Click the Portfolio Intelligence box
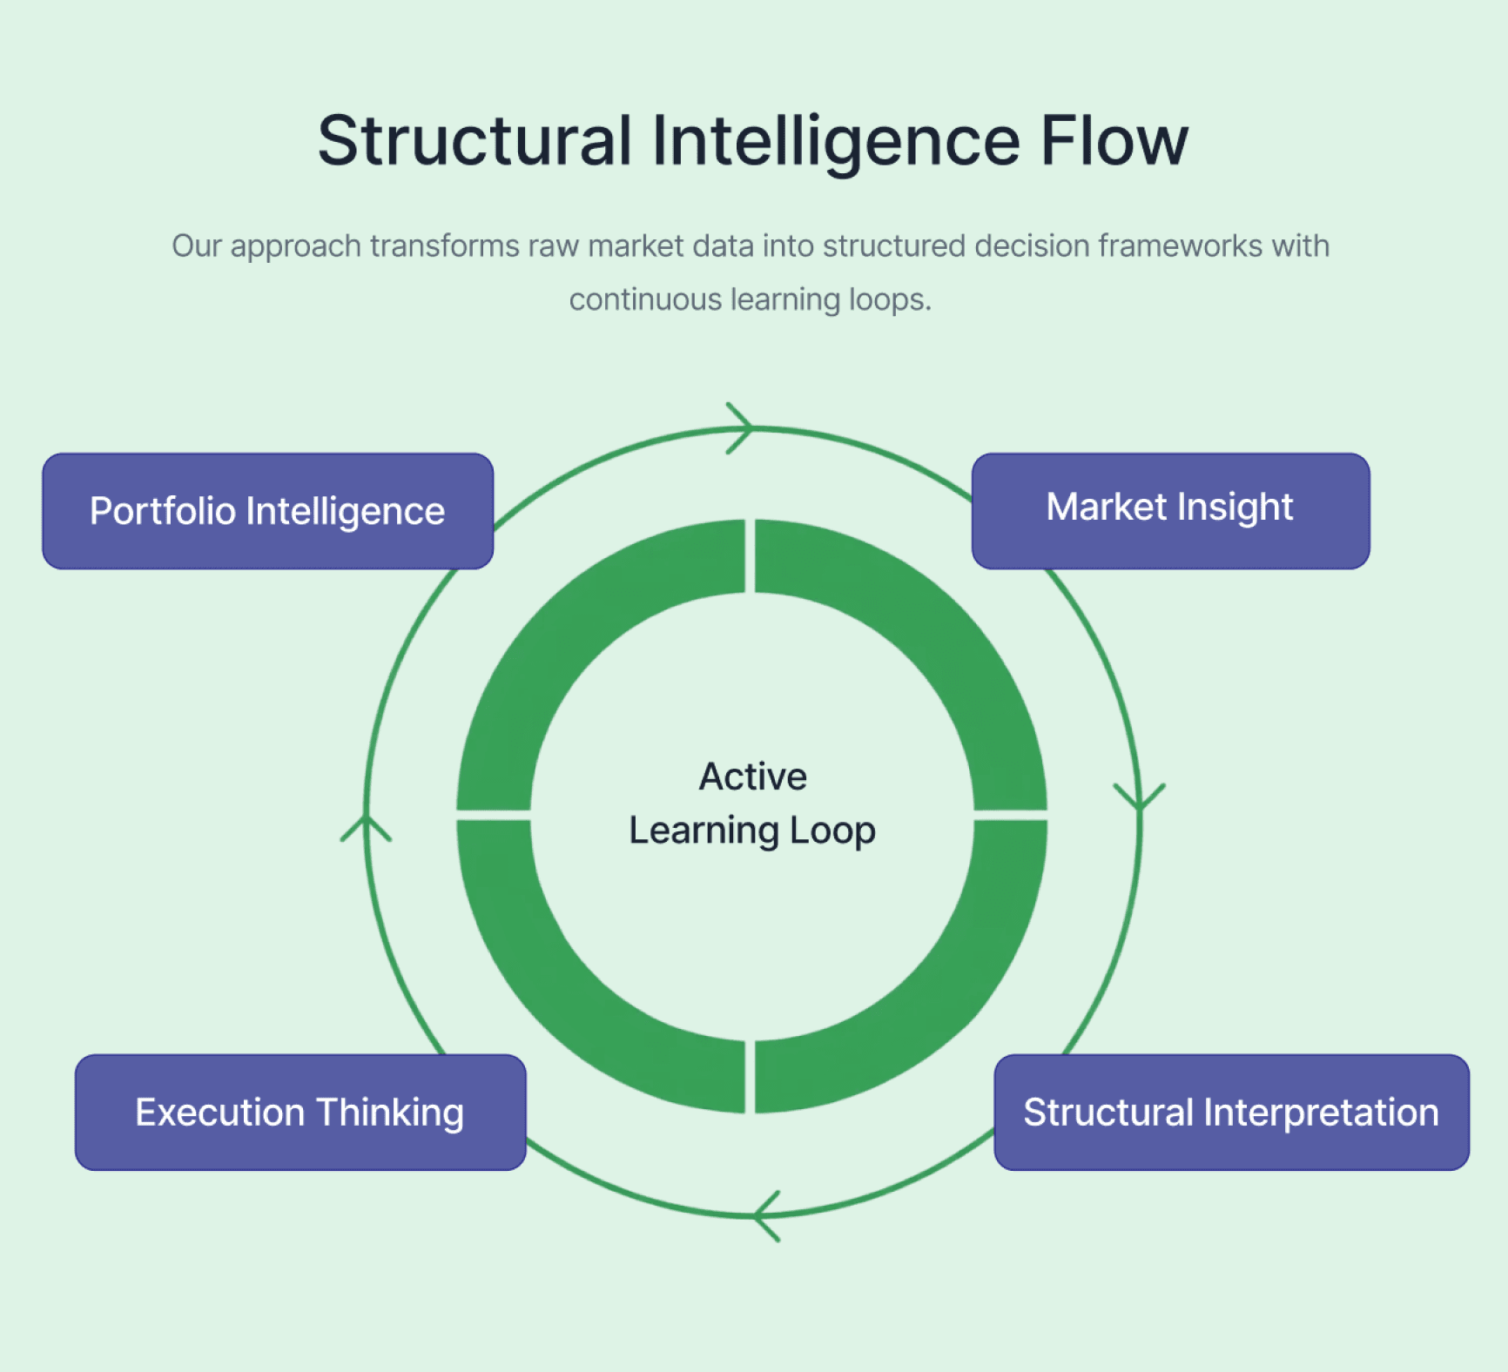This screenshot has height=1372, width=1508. pos(267,511)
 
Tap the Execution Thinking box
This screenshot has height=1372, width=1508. pos(300,1112)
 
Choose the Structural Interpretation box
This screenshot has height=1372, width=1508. pos(1231,1112)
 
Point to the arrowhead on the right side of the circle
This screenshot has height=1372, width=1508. pos(1139,797)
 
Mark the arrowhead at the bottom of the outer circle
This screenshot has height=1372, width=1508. pos(766,1215)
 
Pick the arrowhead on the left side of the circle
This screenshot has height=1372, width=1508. pos(367,828)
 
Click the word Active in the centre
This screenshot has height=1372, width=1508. pos(752,777)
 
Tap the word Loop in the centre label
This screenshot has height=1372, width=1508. pos(831,831)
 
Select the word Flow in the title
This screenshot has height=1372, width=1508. pos(1114,141)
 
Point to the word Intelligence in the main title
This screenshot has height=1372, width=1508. pos(835,141)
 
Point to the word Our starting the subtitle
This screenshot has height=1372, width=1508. pos(196,246)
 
